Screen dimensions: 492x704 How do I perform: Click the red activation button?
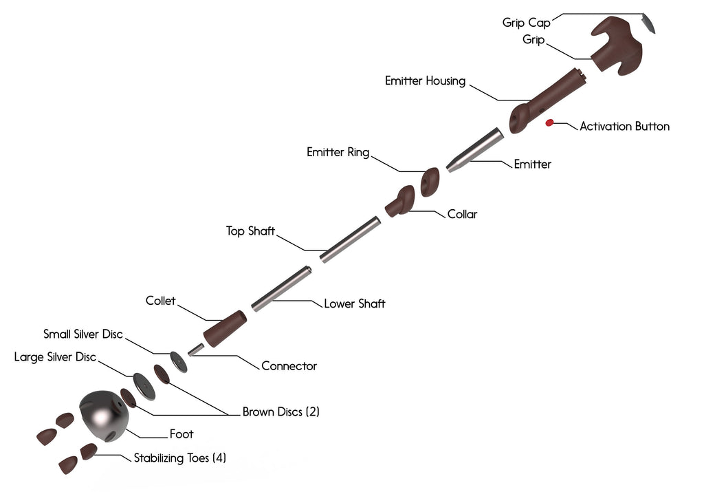coord(549,123)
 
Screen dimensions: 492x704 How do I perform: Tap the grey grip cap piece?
coord(648,23)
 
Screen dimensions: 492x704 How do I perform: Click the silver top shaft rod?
coord(350,239)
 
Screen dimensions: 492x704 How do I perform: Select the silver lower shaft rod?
coord(280,288)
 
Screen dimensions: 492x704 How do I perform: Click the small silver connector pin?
coord(196,350)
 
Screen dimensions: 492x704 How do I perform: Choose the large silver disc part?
coord(144,387)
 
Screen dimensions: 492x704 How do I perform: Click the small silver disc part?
coord(178,361)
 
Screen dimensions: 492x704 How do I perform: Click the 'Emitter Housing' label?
coord(425,81)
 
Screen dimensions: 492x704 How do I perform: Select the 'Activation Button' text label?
coord(624,127)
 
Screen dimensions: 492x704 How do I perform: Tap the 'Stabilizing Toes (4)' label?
coord(179,458)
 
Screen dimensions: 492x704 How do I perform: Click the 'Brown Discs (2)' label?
coord(280,412)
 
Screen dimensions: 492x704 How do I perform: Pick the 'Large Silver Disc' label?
coord(55,357)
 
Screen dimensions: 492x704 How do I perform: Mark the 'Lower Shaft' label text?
coord(355,303)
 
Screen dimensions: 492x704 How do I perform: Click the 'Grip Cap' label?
coord(526,23)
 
